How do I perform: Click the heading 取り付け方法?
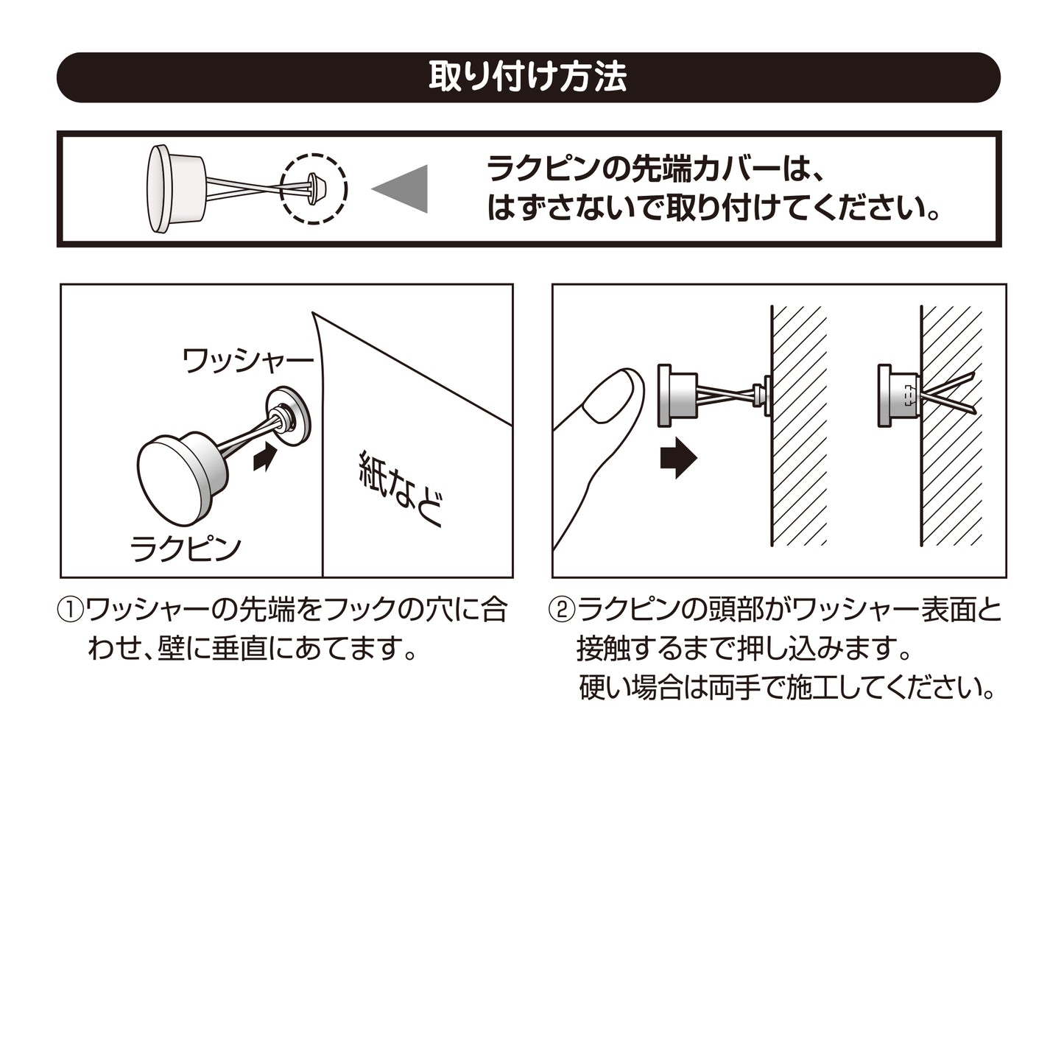(528, 77)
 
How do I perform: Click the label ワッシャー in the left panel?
(248, 361)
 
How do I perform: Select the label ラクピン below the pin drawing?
(186, 549)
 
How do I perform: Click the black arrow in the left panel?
(264, 457)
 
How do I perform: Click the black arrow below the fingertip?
(679, 458)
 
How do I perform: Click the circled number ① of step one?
(71, 611)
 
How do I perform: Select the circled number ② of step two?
(562, 611)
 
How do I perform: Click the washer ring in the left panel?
(288, 415)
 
